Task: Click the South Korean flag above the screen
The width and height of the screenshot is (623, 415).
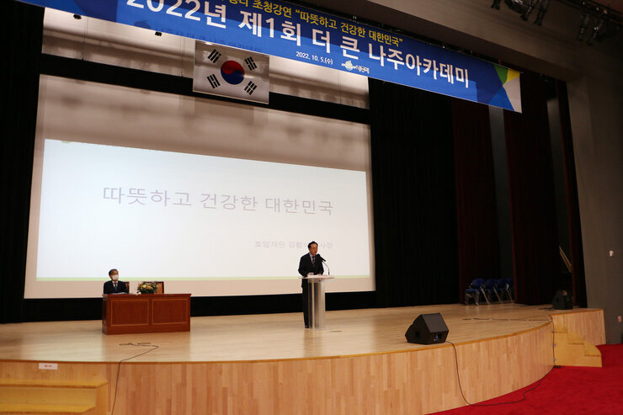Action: (x=231, y=72)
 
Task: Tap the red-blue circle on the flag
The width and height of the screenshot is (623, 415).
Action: (x=232, y=72)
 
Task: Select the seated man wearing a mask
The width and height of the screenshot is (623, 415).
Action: (x=114, y=284)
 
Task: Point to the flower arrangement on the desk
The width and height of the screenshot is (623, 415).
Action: (x=146, y=288)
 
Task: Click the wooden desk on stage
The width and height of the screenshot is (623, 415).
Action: (x=146, y=313)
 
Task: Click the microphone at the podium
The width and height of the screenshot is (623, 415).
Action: (x=322, y=263)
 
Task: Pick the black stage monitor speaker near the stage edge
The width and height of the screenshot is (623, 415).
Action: (x=426, y=328)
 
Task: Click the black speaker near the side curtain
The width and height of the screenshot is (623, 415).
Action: (x=562, y=300)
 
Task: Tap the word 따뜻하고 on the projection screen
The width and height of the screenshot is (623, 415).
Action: (x=133, y=196)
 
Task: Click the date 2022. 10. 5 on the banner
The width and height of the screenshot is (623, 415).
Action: (x=314, y=56)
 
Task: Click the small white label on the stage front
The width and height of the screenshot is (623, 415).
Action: (x=48, y=366)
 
